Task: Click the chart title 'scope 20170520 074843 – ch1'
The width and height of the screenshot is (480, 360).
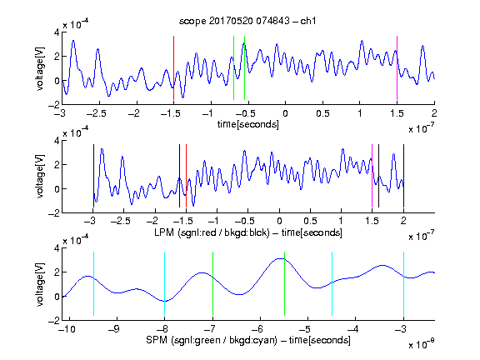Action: tap(247, 21)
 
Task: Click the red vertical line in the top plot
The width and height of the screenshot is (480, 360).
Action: tap(173, 68)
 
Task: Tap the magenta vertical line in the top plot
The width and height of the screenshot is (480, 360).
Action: tap(397, 68)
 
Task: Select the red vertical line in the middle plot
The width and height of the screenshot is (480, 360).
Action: tap(186, 176)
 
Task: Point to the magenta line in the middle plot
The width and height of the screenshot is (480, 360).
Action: tap(372, 176)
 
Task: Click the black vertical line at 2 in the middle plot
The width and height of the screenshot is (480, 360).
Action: tap(403, 176)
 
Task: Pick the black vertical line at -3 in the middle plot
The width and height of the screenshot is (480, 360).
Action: tap(93, 176)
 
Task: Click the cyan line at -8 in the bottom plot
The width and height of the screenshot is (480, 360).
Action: tap(164, 283)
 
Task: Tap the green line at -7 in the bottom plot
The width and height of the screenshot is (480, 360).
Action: tap(212, 283)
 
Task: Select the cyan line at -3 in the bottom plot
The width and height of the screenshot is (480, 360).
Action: tap(403, 283)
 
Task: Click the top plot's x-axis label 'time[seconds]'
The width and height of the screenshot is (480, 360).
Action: tap(248, 124)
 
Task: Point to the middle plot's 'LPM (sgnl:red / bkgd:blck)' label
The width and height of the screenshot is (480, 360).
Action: tap(212, 232)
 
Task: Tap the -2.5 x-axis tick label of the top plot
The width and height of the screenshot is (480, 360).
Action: tap(96, 113)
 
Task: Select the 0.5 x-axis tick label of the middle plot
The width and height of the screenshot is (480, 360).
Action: tap(310, 221)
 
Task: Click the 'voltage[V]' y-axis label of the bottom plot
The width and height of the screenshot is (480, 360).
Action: tap(40, 284)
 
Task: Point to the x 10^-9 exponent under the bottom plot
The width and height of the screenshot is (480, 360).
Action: tap(421, 343)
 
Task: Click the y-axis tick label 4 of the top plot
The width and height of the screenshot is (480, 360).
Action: tap(57, 32)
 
